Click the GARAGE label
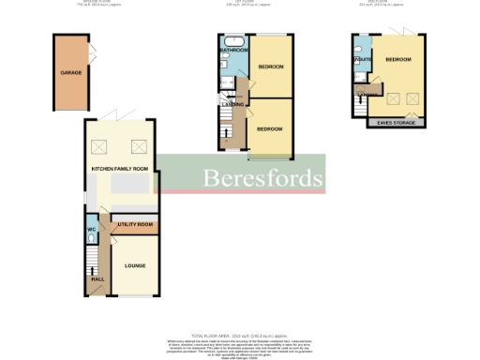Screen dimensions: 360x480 tap(69, 72)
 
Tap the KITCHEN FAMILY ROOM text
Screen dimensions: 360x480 tap(120, 169)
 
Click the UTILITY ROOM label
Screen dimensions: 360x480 tap(133, 226)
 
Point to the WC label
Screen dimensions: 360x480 tap(92, 229)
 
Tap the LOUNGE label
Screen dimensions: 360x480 tap(135, 266)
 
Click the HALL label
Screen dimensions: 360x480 tap(97, 278)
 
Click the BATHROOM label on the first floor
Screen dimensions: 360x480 tap(233, 49)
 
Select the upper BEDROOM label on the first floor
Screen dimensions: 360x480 tap(272, 67)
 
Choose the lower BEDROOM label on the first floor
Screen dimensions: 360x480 tap(270, 128)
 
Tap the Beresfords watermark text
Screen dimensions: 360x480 tap(262, 177)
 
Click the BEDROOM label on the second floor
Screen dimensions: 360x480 tap(398, 59)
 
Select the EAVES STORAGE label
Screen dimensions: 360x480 tap(396, 122)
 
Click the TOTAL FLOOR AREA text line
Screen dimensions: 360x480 tap(240, 335)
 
